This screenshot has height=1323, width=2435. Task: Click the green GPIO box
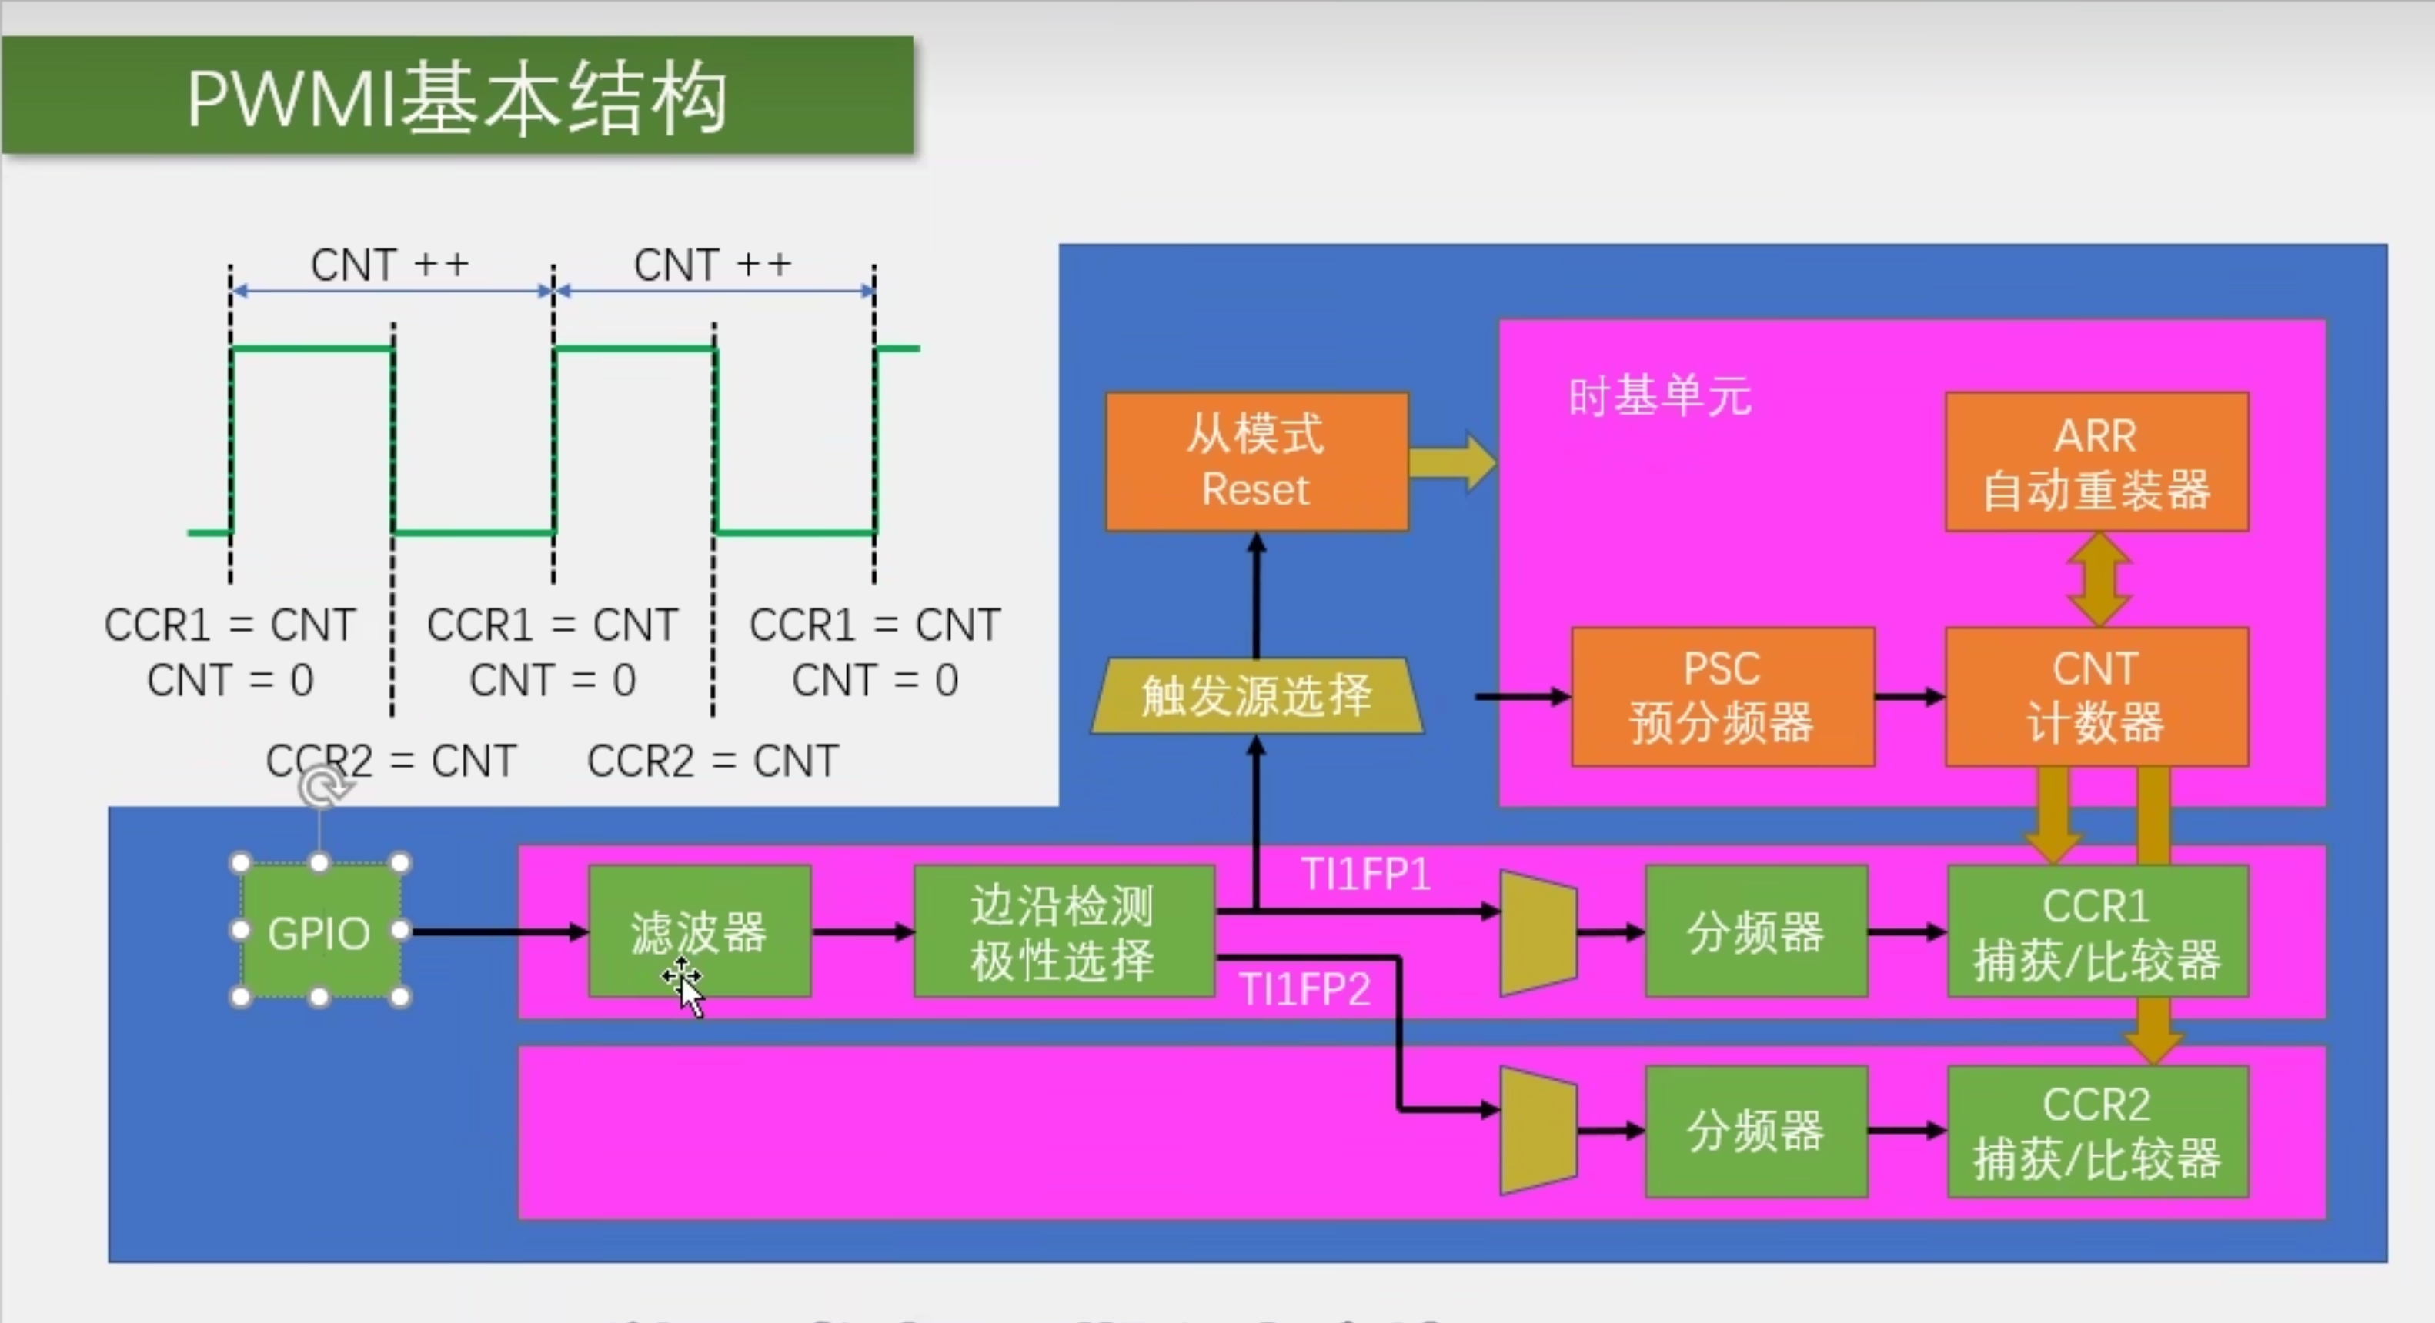pos(319,931)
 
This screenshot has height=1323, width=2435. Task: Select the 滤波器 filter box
pos(700,931)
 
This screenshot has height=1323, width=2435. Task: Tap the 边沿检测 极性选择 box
pos(1064,931)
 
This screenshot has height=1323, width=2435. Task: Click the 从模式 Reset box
pos(1256,462)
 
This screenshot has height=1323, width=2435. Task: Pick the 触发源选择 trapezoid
pos(1256,696)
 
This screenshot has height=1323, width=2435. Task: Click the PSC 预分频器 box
pos(1722,696)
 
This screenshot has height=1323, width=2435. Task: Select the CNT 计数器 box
pos(2096,696)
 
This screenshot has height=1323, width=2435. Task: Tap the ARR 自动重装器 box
pos(2096,462)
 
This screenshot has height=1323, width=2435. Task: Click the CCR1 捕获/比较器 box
pos(2098,931)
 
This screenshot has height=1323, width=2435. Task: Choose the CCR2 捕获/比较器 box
pos(2098,1132)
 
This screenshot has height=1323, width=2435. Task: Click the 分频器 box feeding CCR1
pos(1756,931)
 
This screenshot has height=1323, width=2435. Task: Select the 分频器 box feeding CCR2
pos(1756,1132)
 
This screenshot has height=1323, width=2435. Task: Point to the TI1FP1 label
pos(1366,874)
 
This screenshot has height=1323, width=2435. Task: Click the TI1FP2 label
pos(1304,989)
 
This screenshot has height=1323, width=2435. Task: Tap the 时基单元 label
pos(1660,396)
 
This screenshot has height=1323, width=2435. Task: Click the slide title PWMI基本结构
pos(457,98)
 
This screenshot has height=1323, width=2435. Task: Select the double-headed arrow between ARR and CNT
pos(2099,579)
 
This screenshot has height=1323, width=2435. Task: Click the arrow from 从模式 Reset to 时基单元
pos(1453,462)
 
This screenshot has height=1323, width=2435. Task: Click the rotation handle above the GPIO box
pos(322,786)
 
